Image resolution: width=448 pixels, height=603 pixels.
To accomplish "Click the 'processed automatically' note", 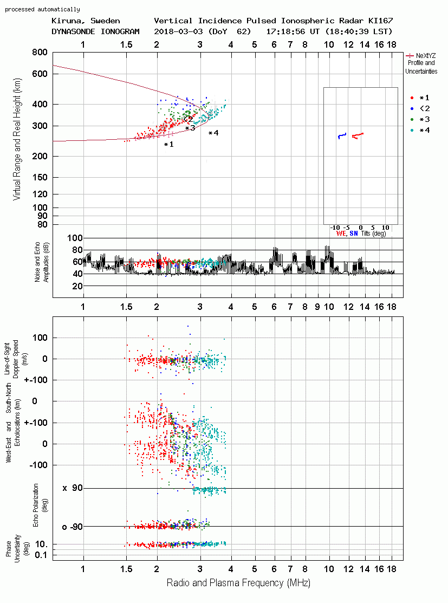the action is tap(42, 9).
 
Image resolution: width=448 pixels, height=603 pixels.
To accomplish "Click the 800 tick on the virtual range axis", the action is tap(40, 53).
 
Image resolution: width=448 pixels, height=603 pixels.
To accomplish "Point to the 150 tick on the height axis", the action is tap(40, 178).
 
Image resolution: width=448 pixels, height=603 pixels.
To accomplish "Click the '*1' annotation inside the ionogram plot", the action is tap(169, 145).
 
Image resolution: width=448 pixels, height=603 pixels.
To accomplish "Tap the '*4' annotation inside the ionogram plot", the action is tap(213, 133).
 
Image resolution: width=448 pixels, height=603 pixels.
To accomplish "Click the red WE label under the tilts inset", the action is tap(341, 234).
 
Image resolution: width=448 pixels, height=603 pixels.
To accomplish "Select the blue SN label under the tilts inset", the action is tap(354, 234).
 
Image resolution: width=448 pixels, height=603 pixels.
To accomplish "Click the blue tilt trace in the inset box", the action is tap(342, 136).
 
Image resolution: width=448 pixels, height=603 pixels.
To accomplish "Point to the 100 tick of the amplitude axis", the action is tap(75, 238).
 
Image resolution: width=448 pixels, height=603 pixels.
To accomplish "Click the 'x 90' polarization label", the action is tap(73, 488).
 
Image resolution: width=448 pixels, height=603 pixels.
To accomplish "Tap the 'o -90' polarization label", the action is tap(72, 527).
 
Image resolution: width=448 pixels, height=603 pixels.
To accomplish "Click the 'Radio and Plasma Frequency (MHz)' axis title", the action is tap(238, 583).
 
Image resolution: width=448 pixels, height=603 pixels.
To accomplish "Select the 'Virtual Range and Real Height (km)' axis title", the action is tap(17, 139).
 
